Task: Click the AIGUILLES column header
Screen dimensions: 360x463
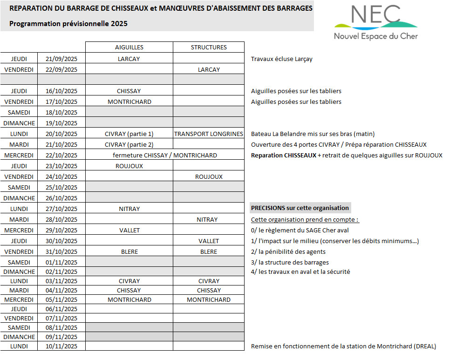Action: click(x=129, y=47)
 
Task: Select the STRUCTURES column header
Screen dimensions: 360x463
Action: click(x=209, y=47)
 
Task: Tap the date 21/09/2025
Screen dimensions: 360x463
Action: click(x=61, y=59)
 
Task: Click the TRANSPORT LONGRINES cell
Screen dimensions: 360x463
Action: click(x=209, y=134)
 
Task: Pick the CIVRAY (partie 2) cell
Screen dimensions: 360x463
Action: click(x=129, y=145)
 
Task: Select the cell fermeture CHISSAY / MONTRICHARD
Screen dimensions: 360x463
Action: click(x=164, y=156)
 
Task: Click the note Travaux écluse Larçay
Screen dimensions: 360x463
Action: click(x=281, y=59)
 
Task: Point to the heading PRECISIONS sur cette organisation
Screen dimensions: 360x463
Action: click(x=300, y=208)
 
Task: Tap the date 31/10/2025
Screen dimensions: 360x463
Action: click(x=61, y=252)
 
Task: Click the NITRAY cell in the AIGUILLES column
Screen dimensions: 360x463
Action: click(x=129, y=209)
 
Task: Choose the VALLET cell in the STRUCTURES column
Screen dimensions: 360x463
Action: click(x=209, y=241)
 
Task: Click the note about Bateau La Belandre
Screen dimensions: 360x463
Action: click(x=313, y=134)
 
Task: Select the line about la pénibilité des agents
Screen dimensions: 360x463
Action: click(x=288, y=252)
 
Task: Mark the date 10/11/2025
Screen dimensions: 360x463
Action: click(x=61, y=346)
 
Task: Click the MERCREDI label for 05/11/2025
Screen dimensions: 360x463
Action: click(x=19, y=300)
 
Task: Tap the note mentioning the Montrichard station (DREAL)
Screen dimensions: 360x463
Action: click(x=343, y=346)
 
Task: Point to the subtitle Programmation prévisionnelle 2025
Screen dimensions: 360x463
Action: click(x=68, y=24)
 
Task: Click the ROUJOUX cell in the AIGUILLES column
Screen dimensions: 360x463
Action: click(x=129, y=166)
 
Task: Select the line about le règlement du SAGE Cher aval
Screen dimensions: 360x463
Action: click(x=300, y=231)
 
